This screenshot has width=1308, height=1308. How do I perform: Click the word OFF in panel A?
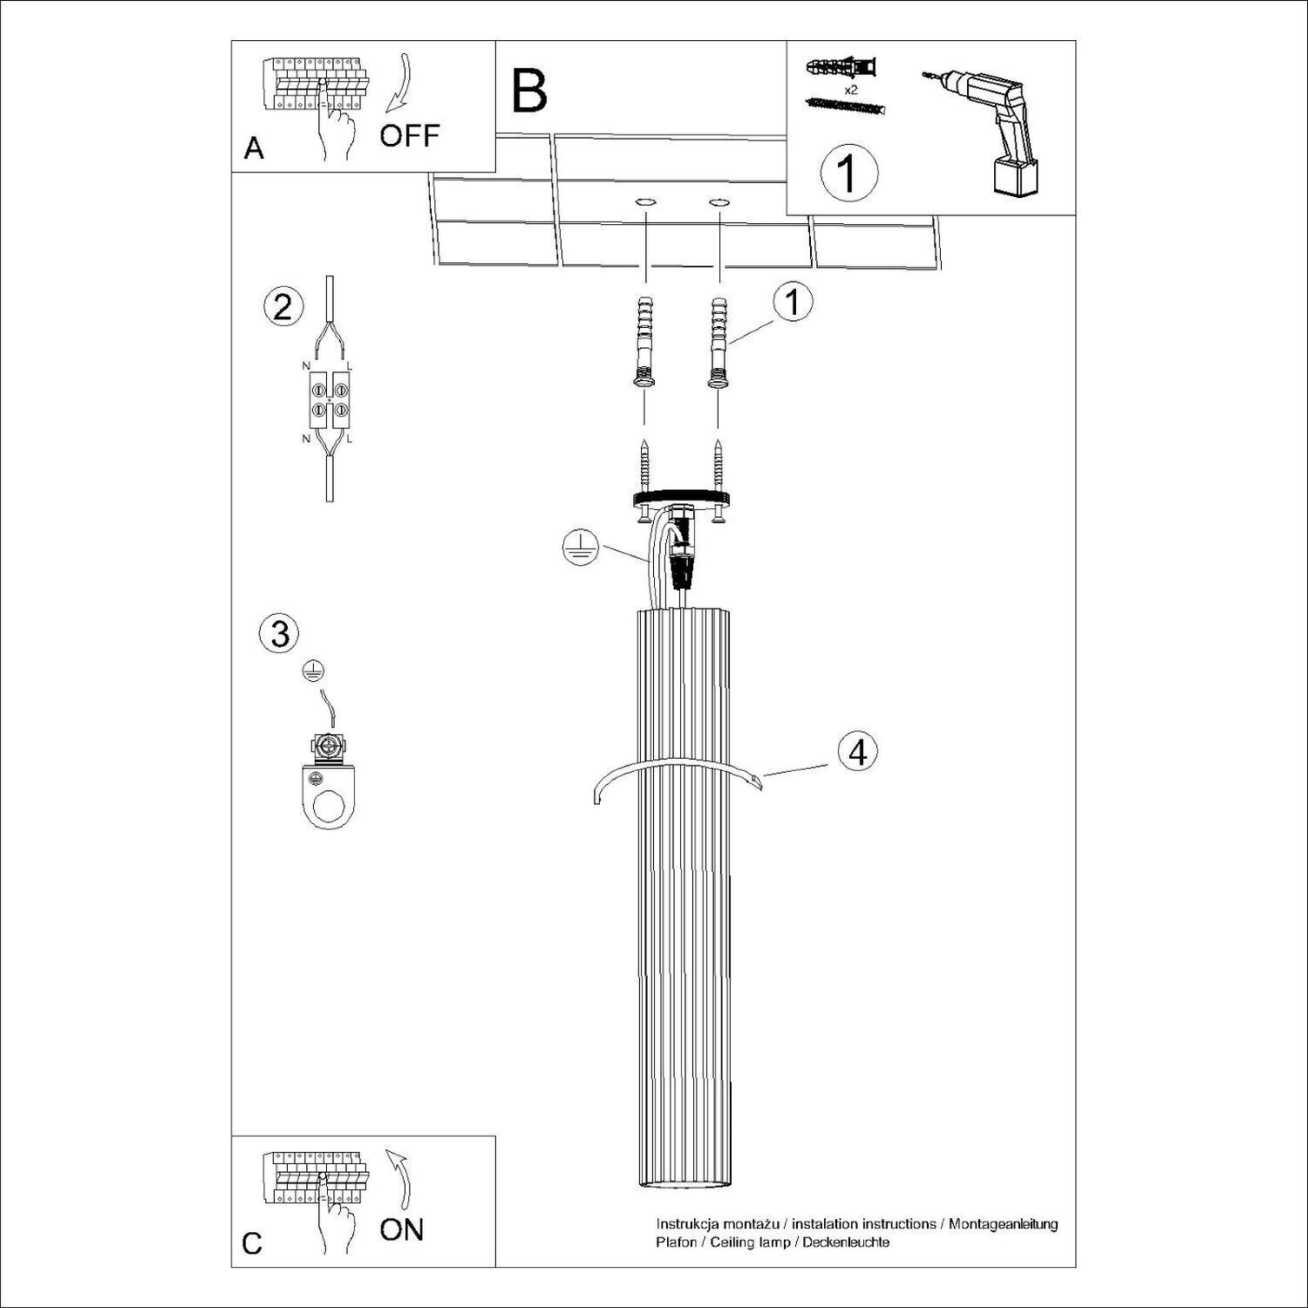[x=410, y=135]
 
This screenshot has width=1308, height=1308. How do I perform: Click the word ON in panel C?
[x=402, y=1230]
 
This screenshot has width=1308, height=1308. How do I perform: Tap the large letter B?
[x=529, y=91]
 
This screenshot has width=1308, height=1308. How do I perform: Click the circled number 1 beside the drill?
[x=848, y=173]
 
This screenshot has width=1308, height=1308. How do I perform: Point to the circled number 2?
[x=282, y=308]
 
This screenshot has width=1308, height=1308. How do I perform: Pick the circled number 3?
[x=280, y=633]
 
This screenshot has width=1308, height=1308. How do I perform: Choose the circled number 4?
[x=858, y=751]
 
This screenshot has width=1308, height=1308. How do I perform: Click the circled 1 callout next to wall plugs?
[x=792, y=303]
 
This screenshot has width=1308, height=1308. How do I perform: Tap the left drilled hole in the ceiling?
[x=645, y=203]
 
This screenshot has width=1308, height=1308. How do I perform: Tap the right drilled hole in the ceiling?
[x=719, y=203]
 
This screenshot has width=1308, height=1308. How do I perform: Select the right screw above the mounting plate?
[x=719, y=464]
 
